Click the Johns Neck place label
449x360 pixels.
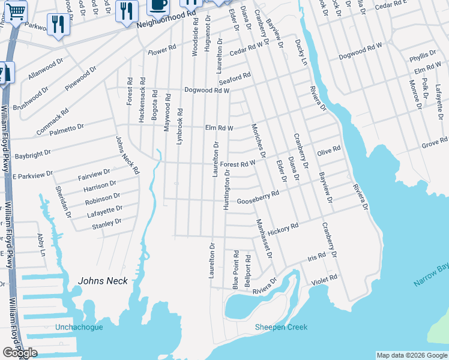point(103,281)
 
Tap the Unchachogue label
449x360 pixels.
point(79,327)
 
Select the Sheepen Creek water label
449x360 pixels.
point(281,327)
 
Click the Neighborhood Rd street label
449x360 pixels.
point(166,22)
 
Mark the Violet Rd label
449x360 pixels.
point(325,278)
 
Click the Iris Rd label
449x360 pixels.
point(316,256)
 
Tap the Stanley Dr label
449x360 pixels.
point(107,224)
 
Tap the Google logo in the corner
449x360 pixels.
point(20,353)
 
